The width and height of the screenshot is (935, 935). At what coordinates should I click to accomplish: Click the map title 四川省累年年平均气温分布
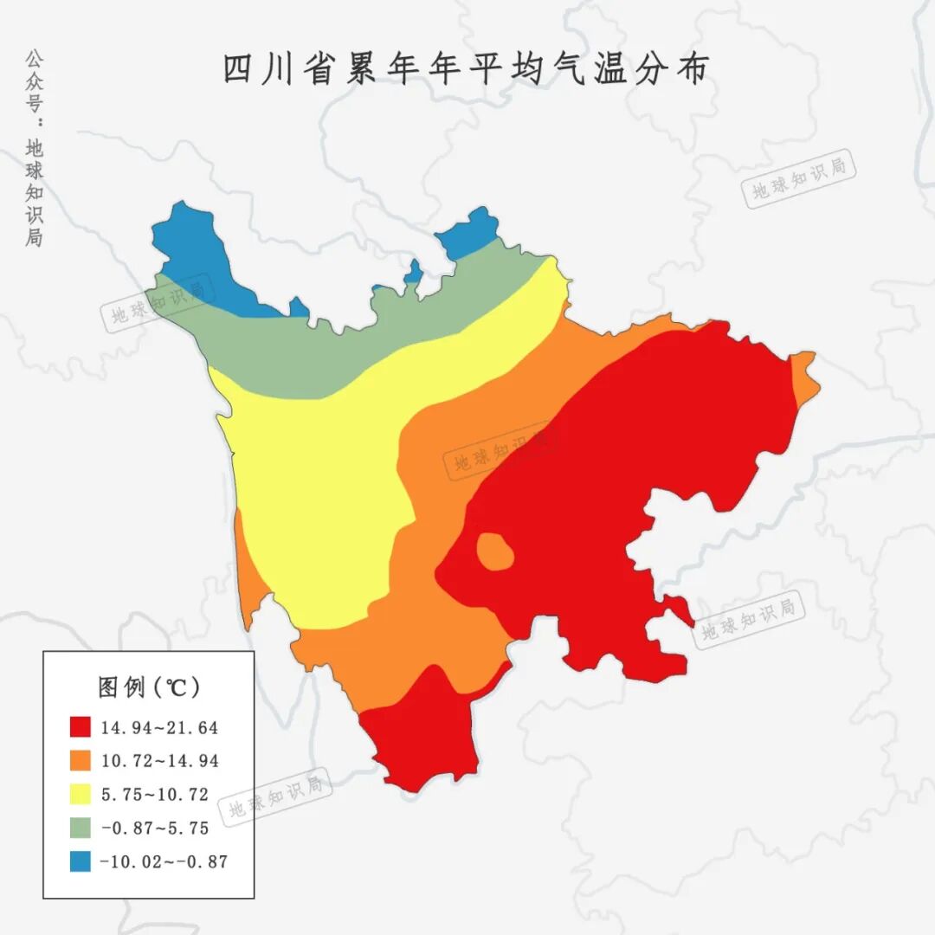coord(467,70)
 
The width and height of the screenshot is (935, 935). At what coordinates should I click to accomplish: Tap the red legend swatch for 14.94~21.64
coord(81,726)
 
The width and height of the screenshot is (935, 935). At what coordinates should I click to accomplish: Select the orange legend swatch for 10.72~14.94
coord(81,760)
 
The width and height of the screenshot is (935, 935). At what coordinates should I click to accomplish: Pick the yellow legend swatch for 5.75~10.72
coord(81,794)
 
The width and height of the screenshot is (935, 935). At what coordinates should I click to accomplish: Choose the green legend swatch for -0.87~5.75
coord(81,828)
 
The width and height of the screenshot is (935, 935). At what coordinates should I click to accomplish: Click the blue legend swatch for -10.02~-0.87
coord(81,861)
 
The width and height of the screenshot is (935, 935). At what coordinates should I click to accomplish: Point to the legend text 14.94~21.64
coord(159,727)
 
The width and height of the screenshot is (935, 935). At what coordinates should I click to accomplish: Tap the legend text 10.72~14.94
coord(159,761)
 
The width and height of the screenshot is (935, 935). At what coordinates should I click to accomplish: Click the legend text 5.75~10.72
coord(154,795)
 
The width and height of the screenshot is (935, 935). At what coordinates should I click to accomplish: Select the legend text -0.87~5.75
coord(154,829)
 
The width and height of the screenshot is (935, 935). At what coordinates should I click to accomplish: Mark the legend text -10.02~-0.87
coord(164,862)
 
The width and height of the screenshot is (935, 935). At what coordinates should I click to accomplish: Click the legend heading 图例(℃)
coord(148,687)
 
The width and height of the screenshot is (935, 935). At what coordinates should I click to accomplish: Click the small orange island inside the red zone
coord(494,551)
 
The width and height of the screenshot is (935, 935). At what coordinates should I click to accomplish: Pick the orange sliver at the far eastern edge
coord(805,377)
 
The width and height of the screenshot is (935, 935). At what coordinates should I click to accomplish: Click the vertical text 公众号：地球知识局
coord(34,147)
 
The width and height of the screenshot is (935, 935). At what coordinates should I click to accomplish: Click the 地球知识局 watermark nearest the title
coord(798,179)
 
